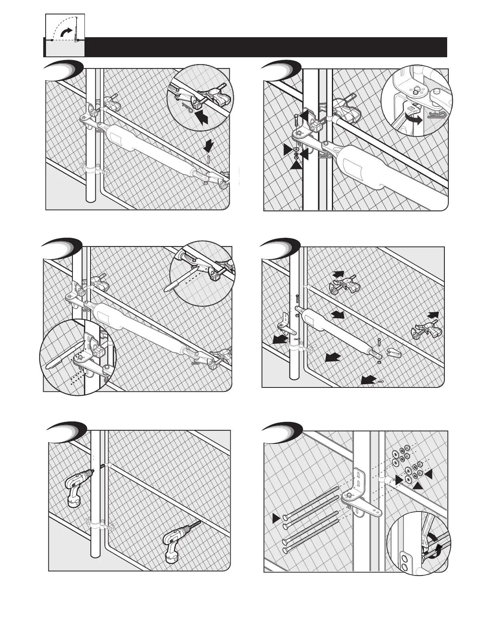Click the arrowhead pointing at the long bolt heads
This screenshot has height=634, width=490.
275,519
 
